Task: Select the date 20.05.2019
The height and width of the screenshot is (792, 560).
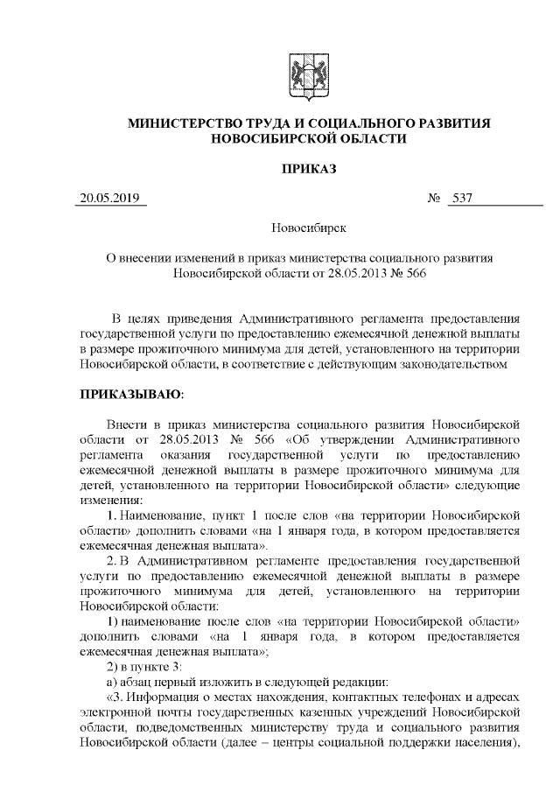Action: point(109,199)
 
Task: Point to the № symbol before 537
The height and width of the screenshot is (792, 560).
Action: point(433,199)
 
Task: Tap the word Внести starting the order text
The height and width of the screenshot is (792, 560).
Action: point(123,423)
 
